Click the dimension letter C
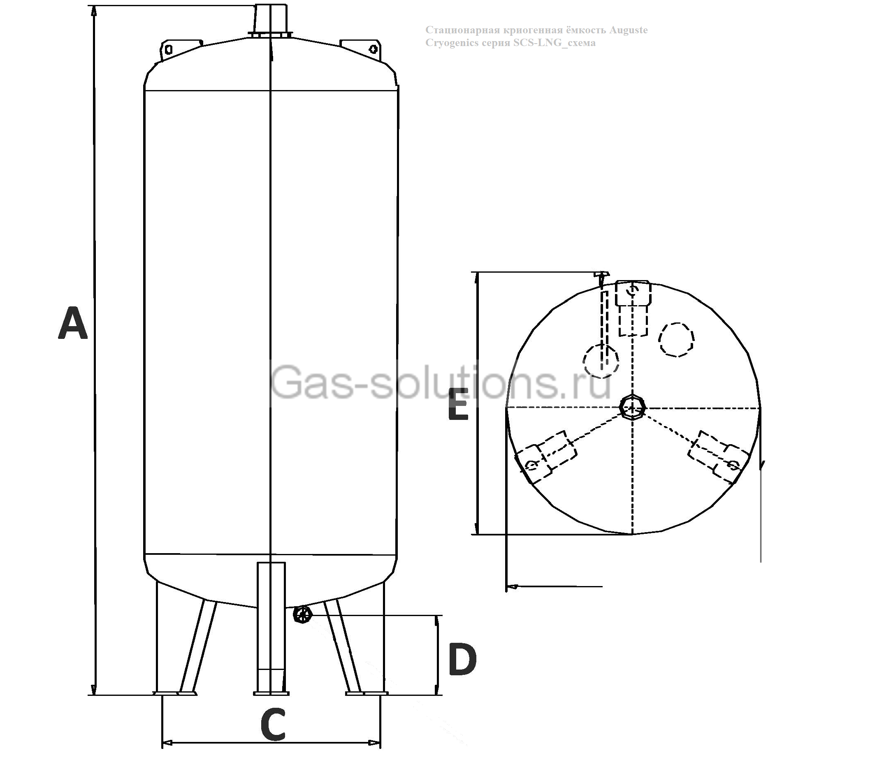tap(273, 725)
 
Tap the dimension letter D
tap(462, 660)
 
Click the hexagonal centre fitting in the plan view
tap(632, 407)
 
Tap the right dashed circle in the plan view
tap(676, 339)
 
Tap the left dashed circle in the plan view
tap(600, 361)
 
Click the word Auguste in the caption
tap(628, 30)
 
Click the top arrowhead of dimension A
tap(94, 11)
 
